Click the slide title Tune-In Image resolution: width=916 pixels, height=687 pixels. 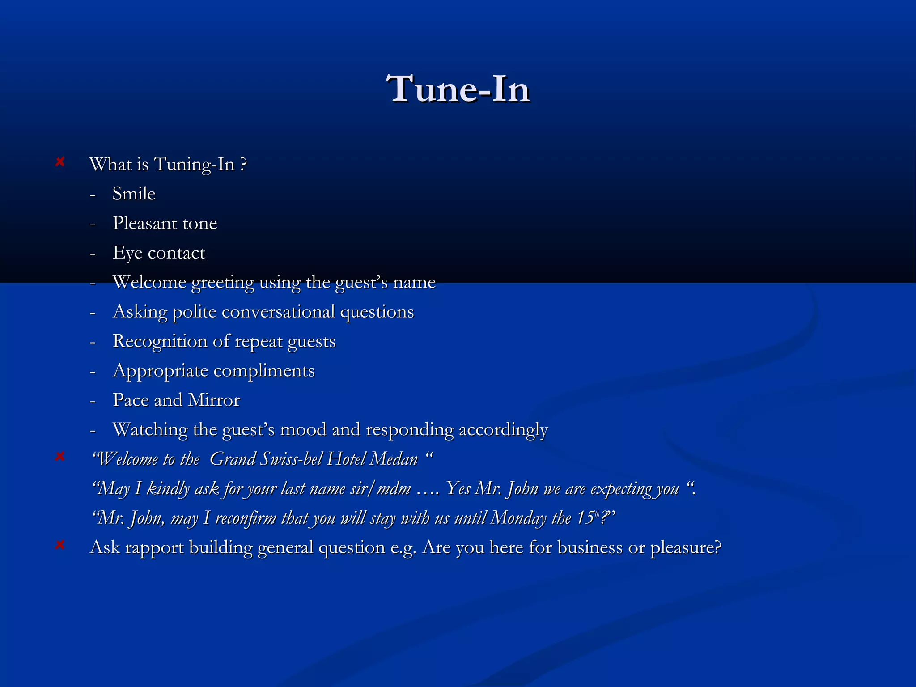click(458, 89)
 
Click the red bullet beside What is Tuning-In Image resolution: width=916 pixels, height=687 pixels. click(60, 162)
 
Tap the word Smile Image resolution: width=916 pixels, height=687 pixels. click(134, 194)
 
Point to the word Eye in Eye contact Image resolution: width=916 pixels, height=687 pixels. click(127, 253)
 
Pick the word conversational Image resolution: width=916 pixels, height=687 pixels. click(278, 312)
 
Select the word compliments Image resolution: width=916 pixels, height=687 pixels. click(264, 371)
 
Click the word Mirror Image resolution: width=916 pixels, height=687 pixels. click(214, 400)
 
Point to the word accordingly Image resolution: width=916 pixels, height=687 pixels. click(503, 430)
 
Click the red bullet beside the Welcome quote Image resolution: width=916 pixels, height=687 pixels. click(60, 456)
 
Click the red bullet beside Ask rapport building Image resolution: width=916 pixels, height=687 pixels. click(60, 545)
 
